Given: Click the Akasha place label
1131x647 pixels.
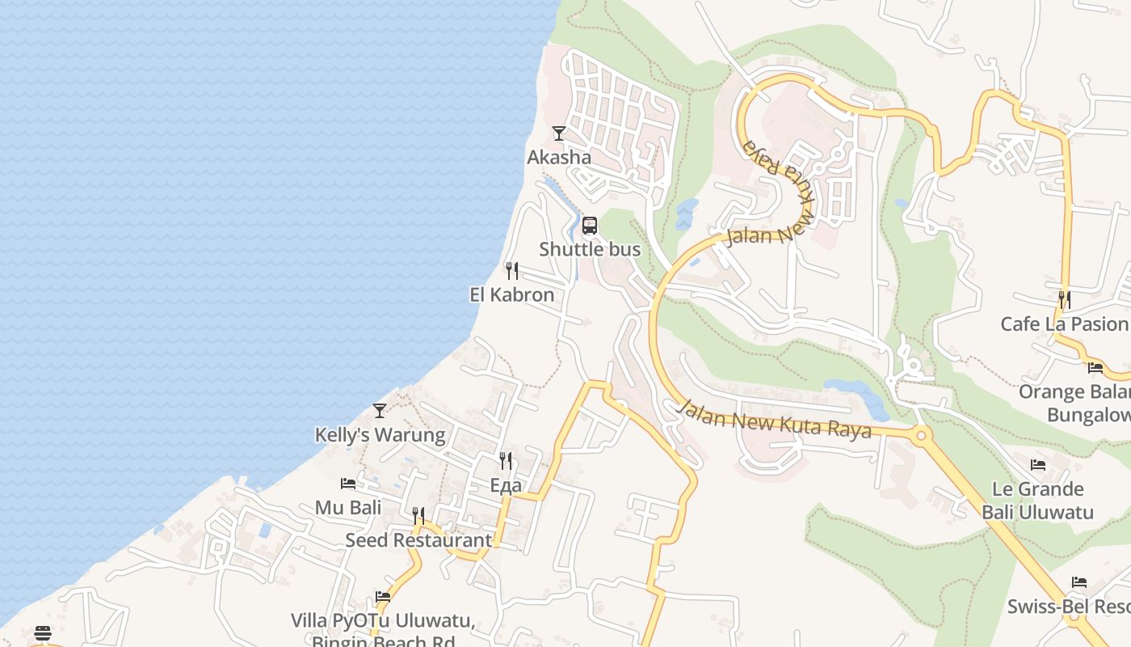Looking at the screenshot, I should [x=559, y=157].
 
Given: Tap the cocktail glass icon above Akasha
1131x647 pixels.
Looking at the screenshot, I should [x=558, y=133].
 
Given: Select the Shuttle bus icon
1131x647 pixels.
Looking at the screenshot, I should [x=590, y=226].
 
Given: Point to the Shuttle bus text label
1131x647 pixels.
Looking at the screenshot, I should [x=590, y=249].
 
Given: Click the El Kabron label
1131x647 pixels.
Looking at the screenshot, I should [x=512, y=294].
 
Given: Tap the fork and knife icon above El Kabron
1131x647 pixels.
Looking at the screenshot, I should [x=511, y=270].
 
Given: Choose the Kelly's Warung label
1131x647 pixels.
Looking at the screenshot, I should [x=380, y=434].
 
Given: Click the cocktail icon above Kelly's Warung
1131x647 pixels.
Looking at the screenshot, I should [x=380, y=411].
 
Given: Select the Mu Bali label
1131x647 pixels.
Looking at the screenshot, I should [x=348, y=508].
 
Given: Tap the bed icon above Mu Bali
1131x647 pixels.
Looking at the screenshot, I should [x=348, y=484].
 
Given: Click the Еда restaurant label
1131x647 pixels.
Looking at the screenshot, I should [x=506, y=485].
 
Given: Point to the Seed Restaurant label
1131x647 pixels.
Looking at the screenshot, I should [x=418, y=539].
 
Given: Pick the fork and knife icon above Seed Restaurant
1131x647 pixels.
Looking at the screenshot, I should [x=418, y=515].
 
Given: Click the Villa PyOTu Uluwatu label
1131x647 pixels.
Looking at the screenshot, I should [x=382, y=621].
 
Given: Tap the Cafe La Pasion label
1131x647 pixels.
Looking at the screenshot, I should [x=1064, y=324].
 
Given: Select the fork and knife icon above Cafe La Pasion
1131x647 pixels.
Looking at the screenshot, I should [x=1064, y=300].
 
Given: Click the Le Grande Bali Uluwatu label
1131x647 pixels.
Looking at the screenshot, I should [x=1038, y=501].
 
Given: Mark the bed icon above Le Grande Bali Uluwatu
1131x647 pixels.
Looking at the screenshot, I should [x=1038, y=465].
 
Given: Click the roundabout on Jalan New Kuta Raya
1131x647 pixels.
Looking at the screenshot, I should [x=920, y=435].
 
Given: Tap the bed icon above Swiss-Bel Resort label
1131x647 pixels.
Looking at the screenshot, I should [x=1079, y=582].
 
